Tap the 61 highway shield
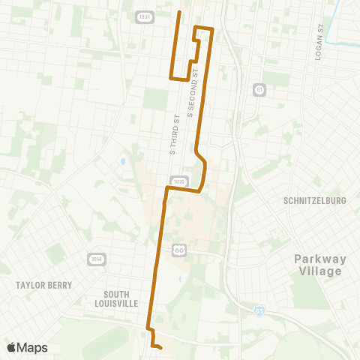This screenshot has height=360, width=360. click(259, 88)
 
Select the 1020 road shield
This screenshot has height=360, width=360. click(178, 182)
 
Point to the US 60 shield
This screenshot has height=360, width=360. click(178, 249)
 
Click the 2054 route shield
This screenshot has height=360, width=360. click(95, 259)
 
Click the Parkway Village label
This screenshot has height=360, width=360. click(320, 265)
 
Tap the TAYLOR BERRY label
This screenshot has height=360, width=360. click(44, 285)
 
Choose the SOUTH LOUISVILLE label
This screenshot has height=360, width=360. click(121, 298)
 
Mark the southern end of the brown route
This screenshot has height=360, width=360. click(161, 347)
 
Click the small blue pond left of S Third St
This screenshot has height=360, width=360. click(122, 161)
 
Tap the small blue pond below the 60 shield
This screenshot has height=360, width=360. click(180, 279)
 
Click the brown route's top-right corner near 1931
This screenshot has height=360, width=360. click(213, 29)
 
